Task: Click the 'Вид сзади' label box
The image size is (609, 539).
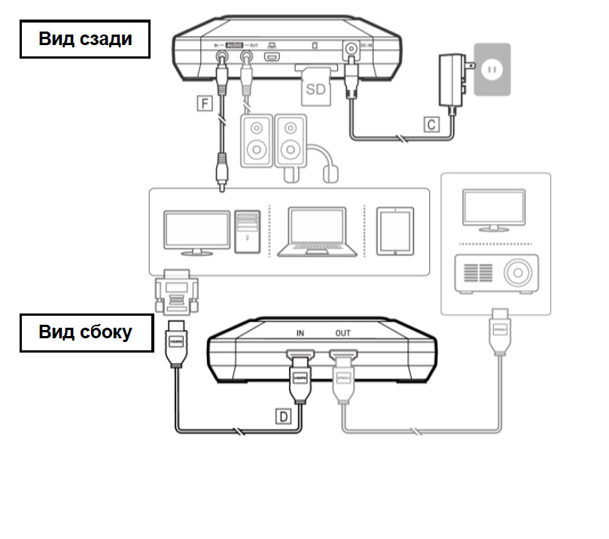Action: click(x=84, y=39)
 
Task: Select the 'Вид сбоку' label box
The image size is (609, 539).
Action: click(x=86, y=333)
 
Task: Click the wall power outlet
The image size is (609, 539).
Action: click(x=491, y=69)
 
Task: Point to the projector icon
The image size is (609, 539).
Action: click(x=497, y=274)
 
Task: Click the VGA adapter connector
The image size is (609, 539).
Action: click(x=174, y=294)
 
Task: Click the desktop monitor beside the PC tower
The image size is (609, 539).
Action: click(x=196, y=232)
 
